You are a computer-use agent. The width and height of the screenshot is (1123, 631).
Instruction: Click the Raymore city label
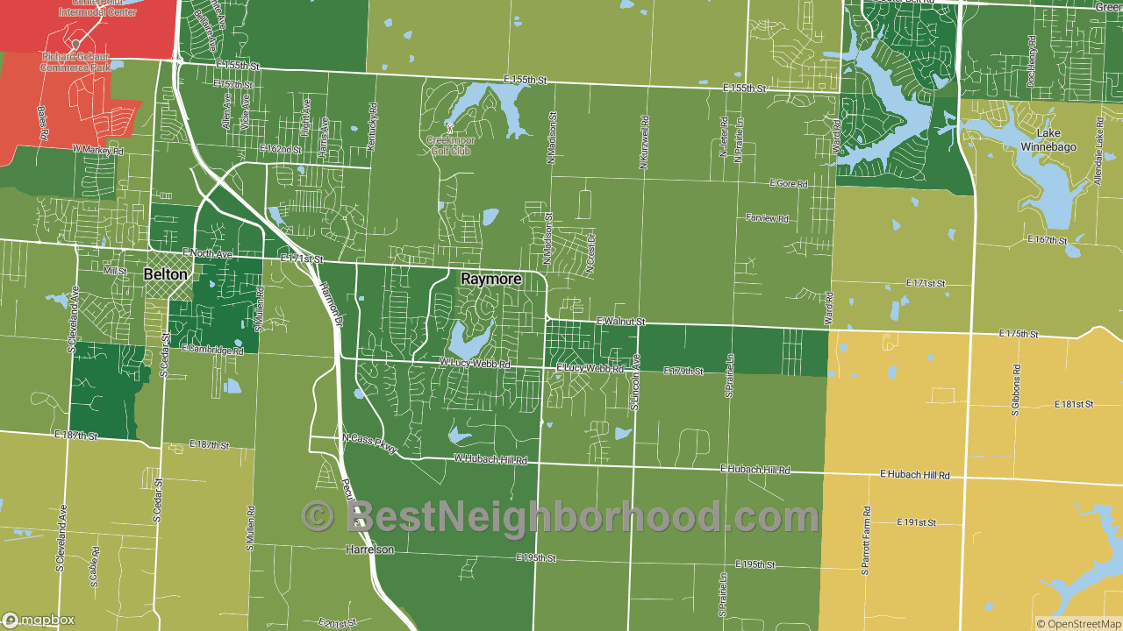(x=491, y=279)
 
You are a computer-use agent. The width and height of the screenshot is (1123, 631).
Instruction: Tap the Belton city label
(x=165, y=274)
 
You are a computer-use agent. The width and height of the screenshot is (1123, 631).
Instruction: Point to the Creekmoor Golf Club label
(x=448, y=145)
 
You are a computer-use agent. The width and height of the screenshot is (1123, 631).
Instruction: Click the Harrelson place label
(x=369, y=549)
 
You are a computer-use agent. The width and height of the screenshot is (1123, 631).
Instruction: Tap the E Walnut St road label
(x=620, y=322)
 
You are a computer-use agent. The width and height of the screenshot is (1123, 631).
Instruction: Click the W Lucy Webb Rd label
(x=475, y=362)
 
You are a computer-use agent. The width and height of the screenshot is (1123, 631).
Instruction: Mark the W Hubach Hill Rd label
(x=490, y=459)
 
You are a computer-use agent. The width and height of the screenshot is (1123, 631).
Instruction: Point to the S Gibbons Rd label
(x=1014, y=390)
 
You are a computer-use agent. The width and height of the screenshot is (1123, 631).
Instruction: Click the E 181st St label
(x=1075, y=404)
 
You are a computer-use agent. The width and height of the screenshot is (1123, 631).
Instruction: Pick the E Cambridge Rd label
(x=212, y=349)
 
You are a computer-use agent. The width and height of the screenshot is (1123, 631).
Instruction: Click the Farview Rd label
(x=768, y=217)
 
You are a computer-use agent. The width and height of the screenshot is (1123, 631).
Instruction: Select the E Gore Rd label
(x=788, y=183)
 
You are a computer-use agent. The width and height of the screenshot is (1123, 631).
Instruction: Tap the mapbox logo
(x=39, y=620)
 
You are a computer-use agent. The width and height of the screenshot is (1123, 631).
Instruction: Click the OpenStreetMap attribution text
(x=1078, y=624)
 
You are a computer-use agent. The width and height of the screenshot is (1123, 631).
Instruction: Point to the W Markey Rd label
(x=98, y=150)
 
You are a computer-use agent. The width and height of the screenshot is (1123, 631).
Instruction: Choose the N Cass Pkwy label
(x=369, y=443)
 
